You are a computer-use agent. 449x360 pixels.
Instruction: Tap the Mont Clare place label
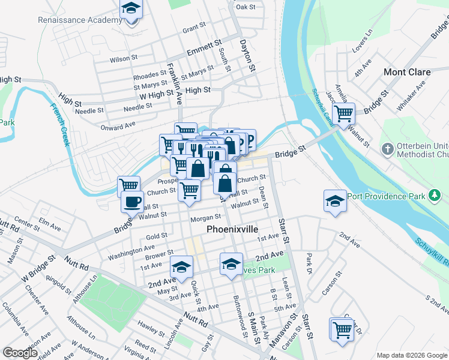pyautogui.click(x=407, y=72)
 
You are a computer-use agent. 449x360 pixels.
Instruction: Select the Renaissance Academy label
pyautogui.click(x=80, y=20)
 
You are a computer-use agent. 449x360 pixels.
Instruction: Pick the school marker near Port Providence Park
pyautogui.click(x=335, y=201)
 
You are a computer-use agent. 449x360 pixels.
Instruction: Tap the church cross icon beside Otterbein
pyautogui.click(x=388, y=148)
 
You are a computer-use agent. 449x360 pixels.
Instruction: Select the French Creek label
pyautogui.click(x=60, y=125)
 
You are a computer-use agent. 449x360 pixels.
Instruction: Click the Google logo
pyautogui.click(x=20, y=353)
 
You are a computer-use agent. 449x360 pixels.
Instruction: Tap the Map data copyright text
pyautogui.click(x=412, y=355)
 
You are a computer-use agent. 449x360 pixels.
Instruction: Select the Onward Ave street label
pyautogui.click(x=118, y=126)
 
